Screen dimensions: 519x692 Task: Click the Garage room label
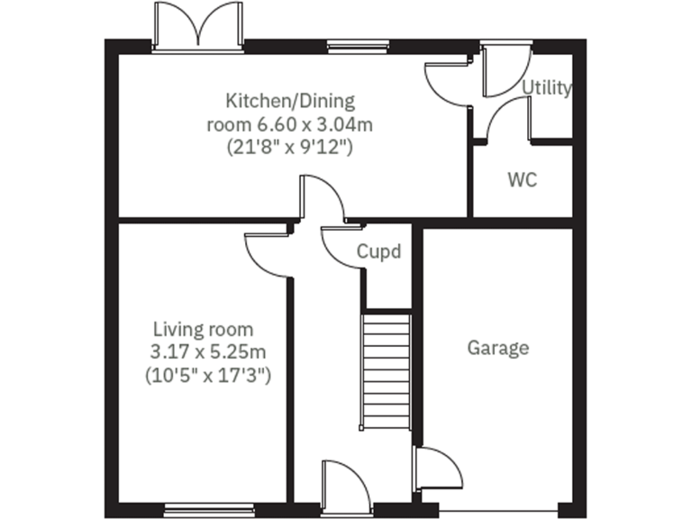(x=497, y=348)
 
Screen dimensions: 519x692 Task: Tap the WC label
(x=522, y=179)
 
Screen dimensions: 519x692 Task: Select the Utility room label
(x=547, y=87)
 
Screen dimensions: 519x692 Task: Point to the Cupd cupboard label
(x=378, y=251)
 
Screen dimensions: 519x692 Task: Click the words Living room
(x=203, y=329)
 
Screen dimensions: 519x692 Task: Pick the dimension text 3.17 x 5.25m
(x=209, y=351)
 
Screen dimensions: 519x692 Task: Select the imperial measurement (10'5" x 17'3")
(x=208, y=373)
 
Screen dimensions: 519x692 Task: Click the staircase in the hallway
(x=387, y=371)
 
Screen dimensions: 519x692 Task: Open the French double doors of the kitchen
(x=199, y=27)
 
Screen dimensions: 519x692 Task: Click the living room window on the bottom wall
(x=196, y=507)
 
